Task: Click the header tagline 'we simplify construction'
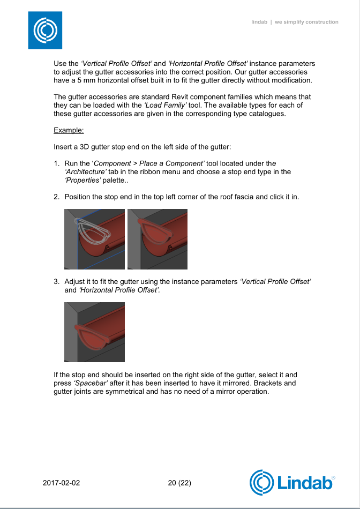click(x=306, y=22)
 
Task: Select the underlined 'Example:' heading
click(x=69, y=130)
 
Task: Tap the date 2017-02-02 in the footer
click(x=61, y=483)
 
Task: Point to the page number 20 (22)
click(x=179, y=483)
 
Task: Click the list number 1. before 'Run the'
click(x=57, y=163)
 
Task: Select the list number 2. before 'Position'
click(x=57, y=197)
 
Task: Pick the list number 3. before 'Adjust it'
click(x=57, y=281)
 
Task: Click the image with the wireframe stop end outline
click(x=94, y=239)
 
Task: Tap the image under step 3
click(x=94, y=332)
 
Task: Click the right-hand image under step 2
click(x=157, y=239)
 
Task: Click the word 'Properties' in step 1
click(x=82, y=181)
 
